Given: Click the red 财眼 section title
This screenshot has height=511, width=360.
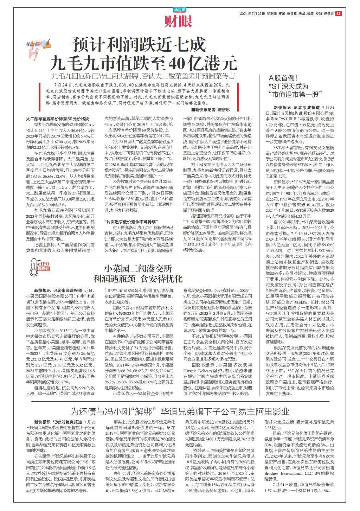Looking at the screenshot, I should (179, 22).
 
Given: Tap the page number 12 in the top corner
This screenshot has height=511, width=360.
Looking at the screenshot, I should (338, 14).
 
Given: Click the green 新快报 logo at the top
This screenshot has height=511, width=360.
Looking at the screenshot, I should (179, 10).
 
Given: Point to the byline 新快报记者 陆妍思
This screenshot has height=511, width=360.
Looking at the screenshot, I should (215, 109).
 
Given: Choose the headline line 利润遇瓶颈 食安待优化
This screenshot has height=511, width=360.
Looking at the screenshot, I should (138, 279).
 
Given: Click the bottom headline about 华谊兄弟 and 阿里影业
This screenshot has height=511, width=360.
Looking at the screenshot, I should (180, 411).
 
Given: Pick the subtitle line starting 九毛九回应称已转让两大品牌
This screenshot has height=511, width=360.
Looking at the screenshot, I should (142, 76).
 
